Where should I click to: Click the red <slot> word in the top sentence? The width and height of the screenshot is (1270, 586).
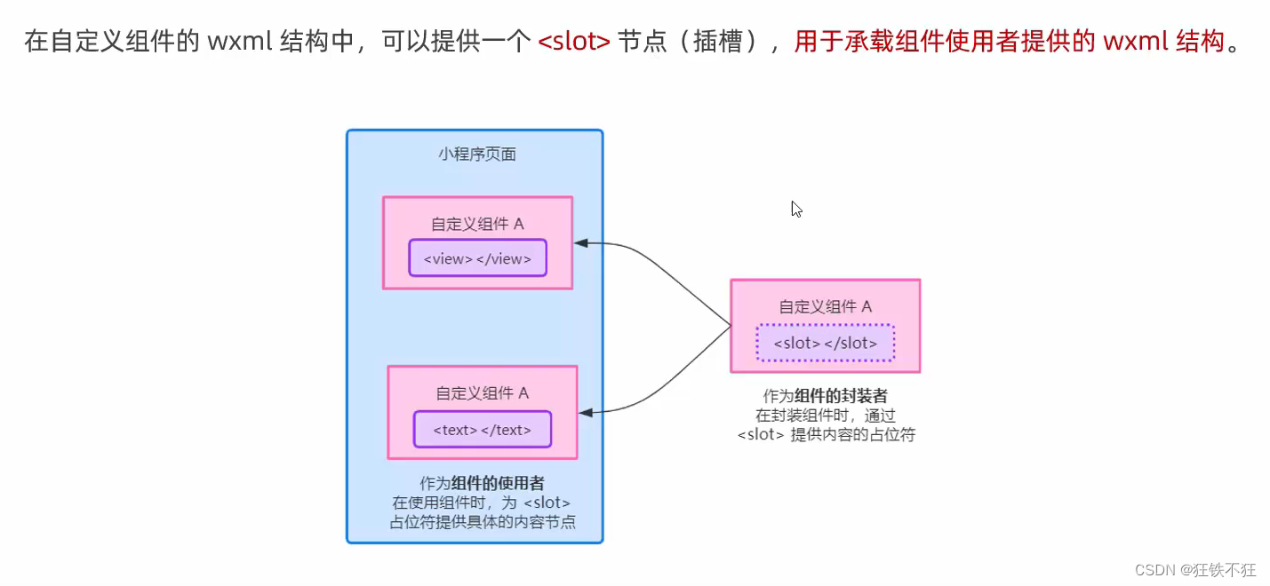point(574,42)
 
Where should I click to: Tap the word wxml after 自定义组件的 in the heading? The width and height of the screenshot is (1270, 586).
point(241,42)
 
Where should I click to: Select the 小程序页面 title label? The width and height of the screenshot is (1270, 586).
point(476,154)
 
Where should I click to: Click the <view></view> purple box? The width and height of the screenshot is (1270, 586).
point(477,258)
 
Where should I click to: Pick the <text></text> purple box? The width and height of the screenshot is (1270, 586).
point(482,430)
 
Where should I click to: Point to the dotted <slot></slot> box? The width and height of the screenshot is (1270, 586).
point(825,343)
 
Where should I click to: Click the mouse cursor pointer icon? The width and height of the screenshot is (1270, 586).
point(796,210)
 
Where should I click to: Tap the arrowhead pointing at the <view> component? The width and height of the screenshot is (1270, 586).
point(581,242)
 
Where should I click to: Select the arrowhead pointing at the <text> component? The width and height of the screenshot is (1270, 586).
point(586,412)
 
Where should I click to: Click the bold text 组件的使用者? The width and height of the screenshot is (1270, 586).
point(498,484)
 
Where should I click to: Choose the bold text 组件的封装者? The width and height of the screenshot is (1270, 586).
point(841,396)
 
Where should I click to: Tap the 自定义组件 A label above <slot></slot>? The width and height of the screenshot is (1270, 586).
point(825,307)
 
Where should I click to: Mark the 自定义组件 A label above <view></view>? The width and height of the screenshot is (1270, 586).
point(477,224)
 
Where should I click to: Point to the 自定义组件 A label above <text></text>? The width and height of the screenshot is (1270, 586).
point(482,393)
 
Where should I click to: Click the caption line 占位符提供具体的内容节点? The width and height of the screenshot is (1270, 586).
point(482,522)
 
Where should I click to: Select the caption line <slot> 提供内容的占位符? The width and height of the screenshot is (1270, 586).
point(826,435)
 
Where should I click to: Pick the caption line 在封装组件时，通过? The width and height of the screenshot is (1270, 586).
point(826,416)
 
